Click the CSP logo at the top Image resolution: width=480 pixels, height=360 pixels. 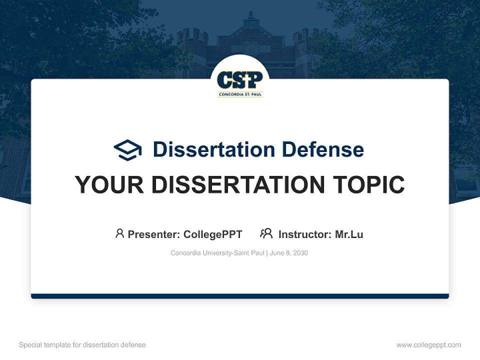tap(240, 80)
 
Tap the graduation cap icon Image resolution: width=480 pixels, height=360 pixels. tap(127, 149)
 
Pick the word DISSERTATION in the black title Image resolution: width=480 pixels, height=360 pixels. tap(238, 185)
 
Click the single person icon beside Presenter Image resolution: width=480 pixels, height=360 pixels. tap(119, 233)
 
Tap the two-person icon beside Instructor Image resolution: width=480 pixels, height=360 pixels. tap(266, 233)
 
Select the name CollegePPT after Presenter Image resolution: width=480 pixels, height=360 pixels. tap(212, 234)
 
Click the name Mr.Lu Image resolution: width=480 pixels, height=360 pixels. tap(349, 234)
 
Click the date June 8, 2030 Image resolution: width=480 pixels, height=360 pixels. tap(289, 253)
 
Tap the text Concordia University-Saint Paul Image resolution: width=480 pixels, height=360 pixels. tap(217, 253)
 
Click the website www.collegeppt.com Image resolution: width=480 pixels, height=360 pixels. tap(428, 345)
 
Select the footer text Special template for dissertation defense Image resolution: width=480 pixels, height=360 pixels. tap(82, 345)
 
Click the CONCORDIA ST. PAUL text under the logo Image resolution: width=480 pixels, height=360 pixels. tap(240, 93)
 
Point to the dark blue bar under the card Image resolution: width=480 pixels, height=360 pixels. tap(240, 296)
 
